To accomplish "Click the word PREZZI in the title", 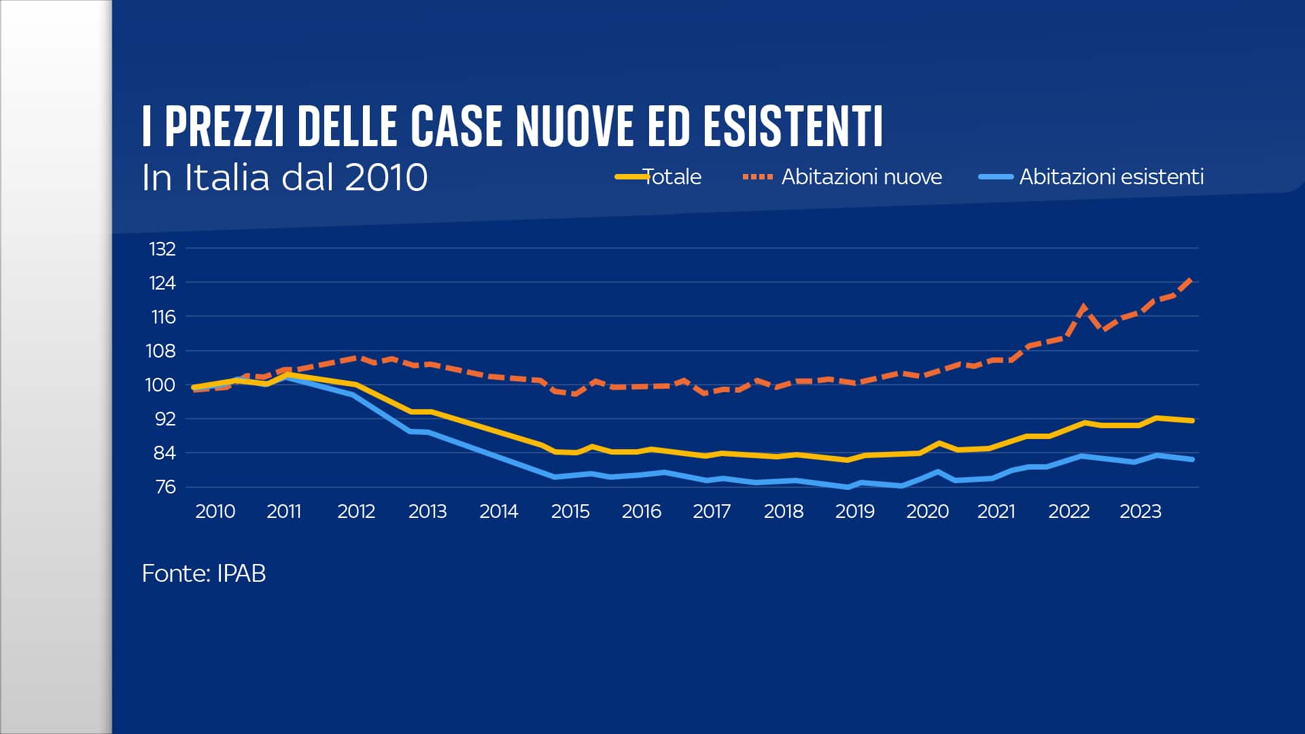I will pyautogui.click(x=224, y=126).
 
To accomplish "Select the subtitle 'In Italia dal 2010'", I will pyautogui.click(x=284, y=177).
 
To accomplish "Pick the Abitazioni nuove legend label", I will pyautogui.click(x=861, y=177).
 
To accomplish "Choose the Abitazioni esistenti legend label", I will pyautogui.click(x=1111, y=177).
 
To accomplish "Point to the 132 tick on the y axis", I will pyautogui.click(x=162, y=249).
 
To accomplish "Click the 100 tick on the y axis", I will pyautogui.click(x=160, y=385).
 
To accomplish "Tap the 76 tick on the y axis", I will pyautogui.click(x=165, y=487).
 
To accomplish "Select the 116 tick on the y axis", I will pyautogui.click(x=163, y=317).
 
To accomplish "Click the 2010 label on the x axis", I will pyautogui.click(x=215, y=511).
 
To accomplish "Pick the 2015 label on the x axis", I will pyautogui.click(x=570, y=511).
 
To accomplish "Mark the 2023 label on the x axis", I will pyautogui.click(x=1140, y=511).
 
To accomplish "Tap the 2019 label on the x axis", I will pyautogui.click(x=854, y=511).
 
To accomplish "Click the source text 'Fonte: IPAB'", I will pyautogui.click(x=203, y=574).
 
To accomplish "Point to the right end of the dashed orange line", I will pyautogui.click(x=1191, y=278).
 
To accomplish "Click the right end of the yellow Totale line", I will pyautogui.click(x=1192, y=421).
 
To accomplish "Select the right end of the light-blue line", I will pyautogui.click(x=1192, y=459).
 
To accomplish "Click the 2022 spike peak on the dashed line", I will pyautogui.click(x=1083, y=307).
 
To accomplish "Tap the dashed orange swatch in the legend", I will pyautogui.click(x=757, y=177).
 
